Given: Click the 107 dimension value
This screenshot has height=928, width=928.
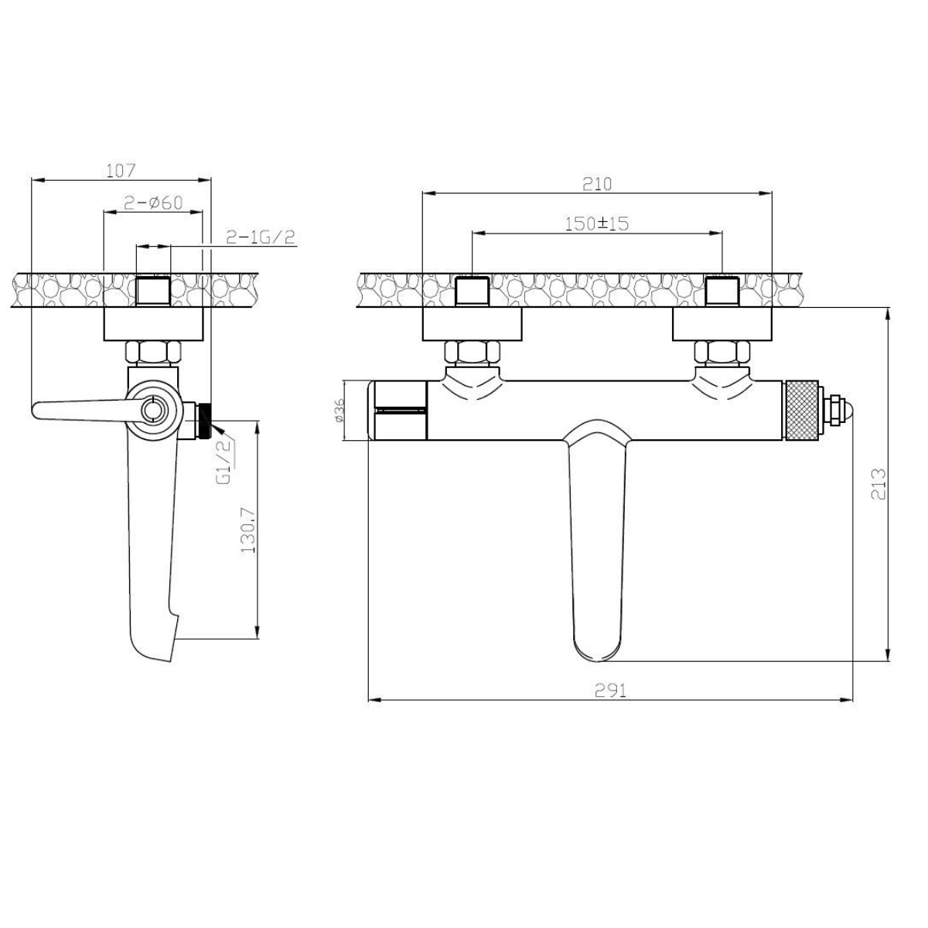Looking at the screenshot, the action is click(121, 170).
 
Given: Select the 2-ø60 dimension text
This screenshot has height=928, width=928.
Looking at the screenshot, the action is click(154, 203).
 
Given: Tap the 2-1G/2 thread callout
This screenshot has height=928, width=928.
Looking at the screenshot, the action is click(260, 237).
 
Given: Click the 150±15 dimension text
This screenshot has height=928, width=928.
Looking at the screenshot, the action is click(597, 223).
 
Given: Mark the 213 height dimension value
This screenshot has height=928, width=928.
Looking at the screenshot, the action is click(879, 484).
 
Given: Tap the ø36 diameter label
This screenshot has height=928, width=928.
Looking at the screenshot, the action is click(339, 411).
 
